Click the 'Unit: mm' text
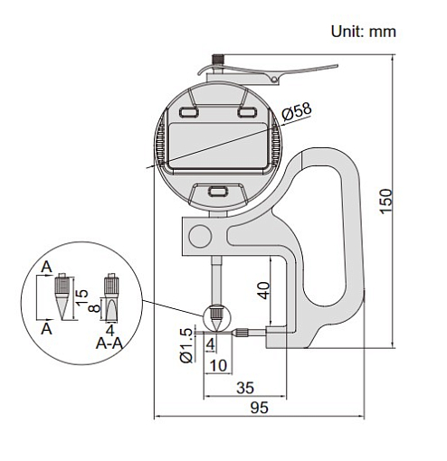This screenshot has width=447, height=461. [x=363, y=32]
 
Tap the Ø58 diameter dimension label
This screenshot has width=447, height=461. [x=297, y=112]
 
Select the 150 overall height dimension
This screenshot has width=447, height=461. [x=385, y=202]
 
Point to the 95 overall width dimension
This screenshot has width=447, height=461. [x=259, y=408]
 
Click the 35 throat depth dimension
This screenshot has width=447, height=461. [x=245, y=388]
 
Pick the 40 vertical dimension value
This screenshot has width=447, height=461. [x=264, y=290]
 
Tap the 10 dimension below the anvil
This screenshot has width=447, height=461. [x=218, y=365]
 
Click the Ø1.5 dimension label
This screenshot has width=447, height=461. [x=186, y=345]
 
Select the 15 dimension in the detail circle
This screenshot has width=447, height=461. [x=81, y=297]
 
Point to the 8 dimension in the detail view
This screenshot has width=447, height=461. [x=95, y=308]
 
